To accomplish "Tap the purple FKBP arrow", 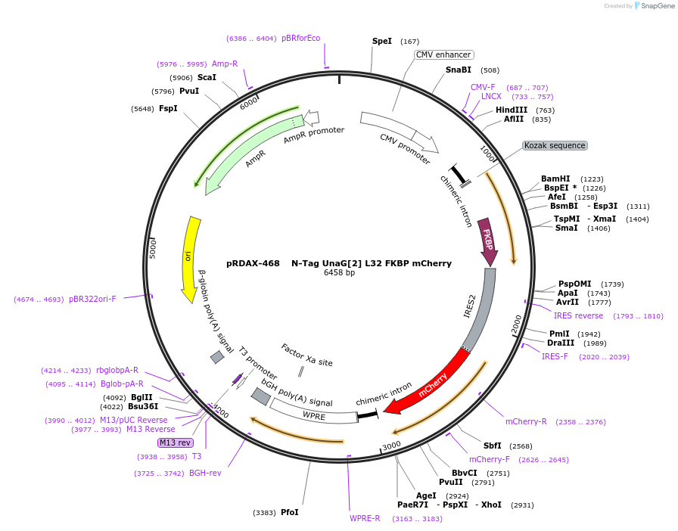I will point(488,243).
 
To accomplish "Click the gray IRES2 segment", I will point(481,310).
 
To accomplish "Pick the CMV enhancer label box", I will point(444,54).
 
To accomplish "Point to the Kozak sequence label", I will point(555,145).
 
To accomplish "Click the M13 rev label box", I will point(175,442).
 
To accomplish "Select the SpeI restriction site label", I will point(382,41).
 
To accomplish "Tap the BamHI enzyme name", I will point(555,179).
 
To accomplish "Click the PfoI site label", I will point(290,512).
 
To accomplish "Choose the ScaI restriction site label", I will point(207,77).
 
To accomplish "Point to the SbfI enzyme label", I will point(493,446).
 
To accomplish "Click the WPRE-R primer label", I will point(365,518).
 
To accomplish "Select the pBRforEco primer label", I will point(300,38).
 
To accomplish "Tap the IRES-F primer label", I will point(555,356).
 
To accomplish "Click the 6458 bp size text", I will point(339,272).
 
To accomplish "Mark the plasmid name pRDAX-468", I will point(253,263).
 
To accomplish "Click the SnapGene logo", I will point(649,6).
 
